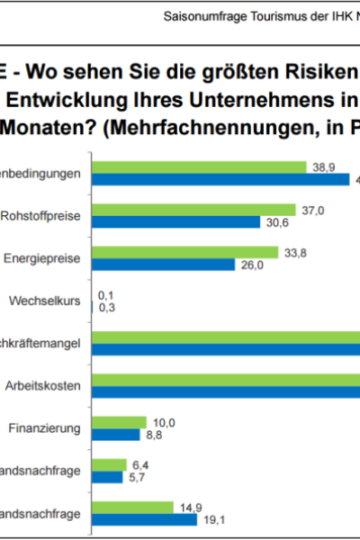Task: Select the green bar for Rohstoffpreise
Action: [x=197, y=211]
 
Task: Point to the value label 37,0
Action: [x=313, y=211]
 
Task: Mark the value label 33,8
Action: [x=296, y=254]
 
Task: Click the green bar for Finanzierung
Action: [x=121, y=422]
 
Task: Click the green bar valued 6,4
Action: [x=112, y=464]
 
